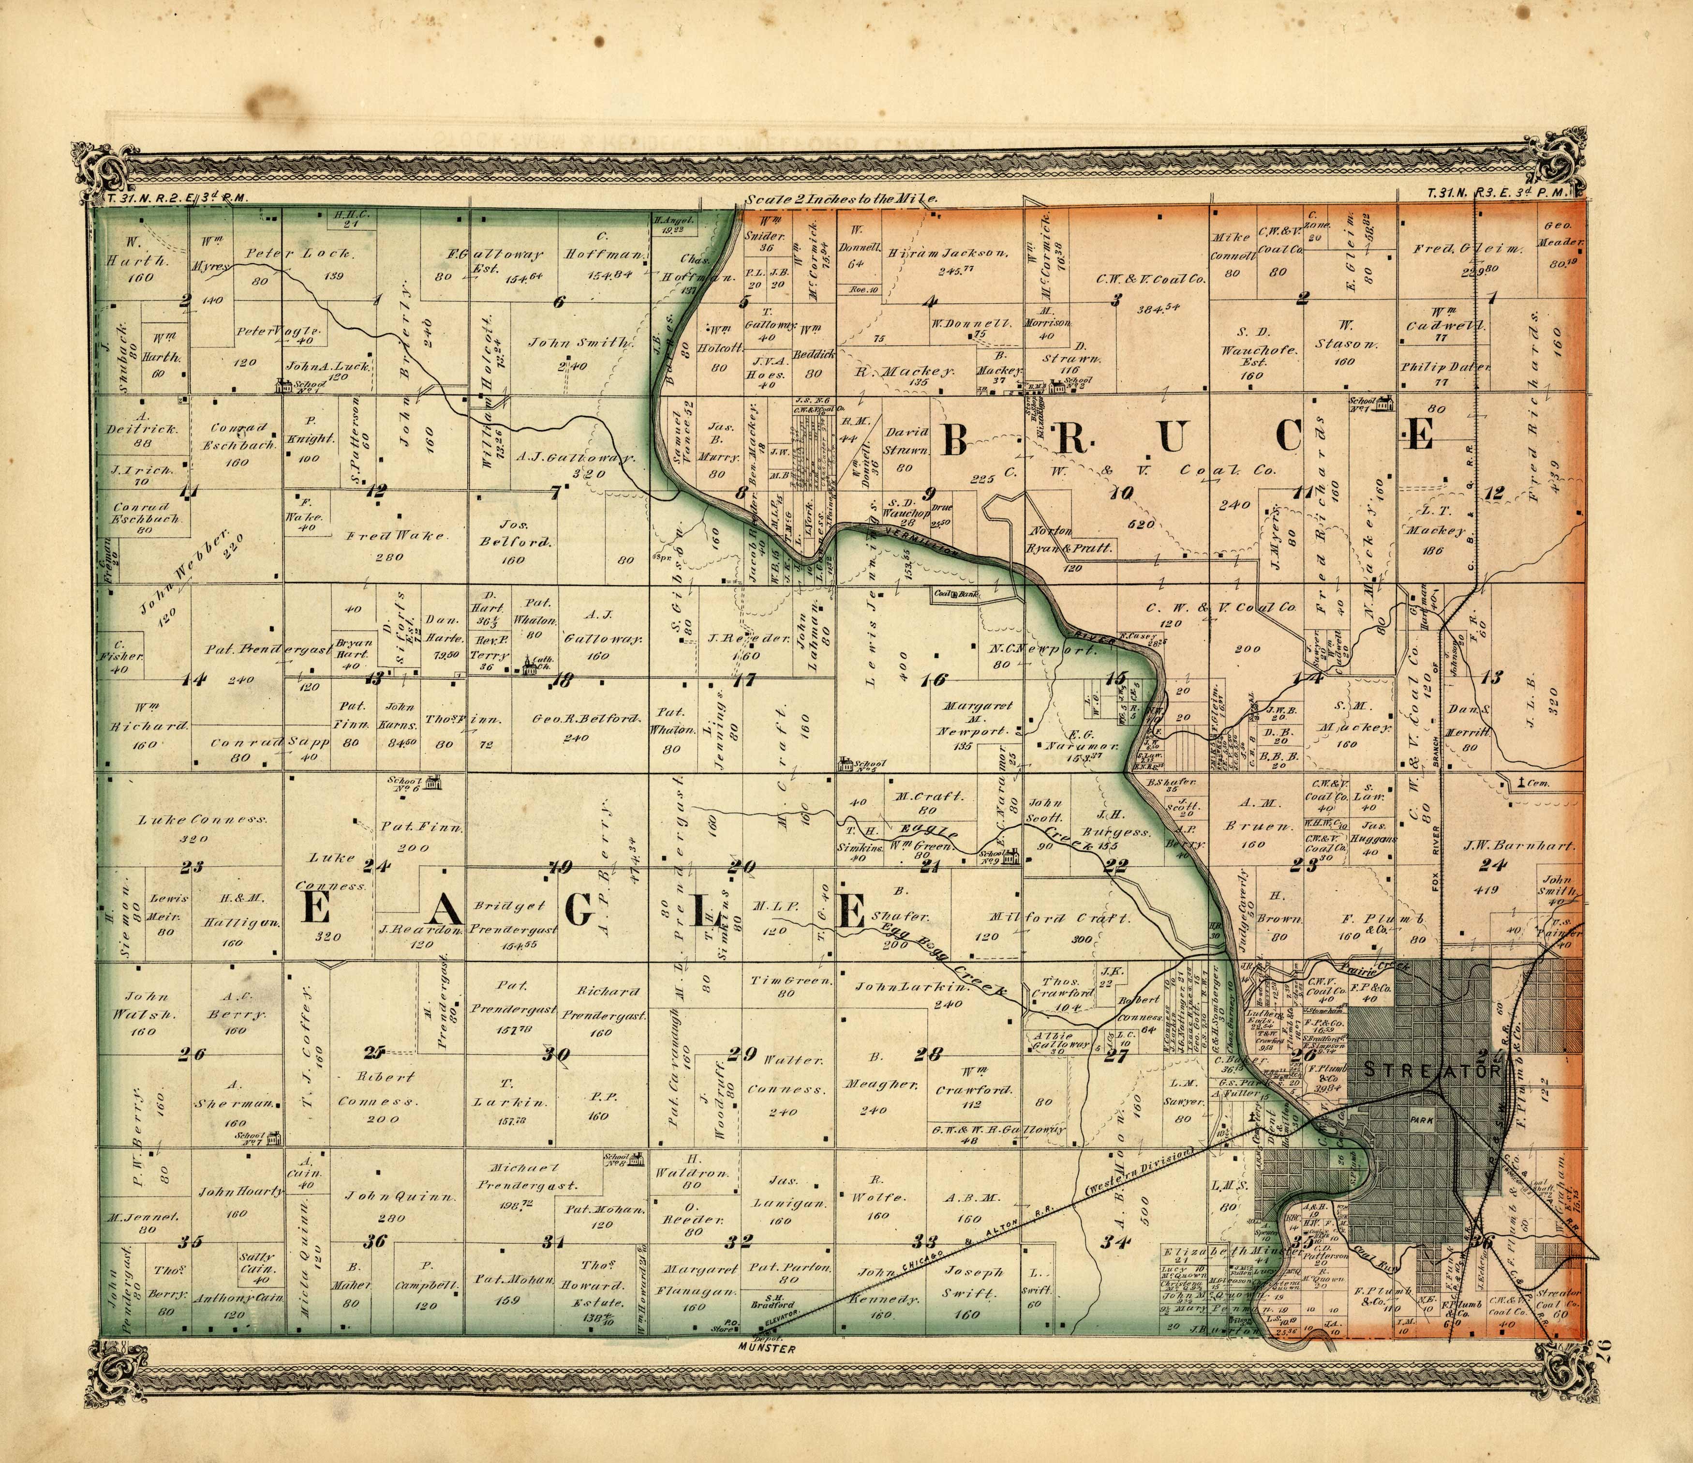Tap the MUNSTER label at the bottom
[x=766, y=1349]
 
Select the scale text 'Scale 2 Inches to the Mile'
[x=842, y=198]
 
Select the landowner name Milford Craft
[x=1059, y=918]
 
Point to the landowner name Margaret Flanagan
[x=699, y=1281]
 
